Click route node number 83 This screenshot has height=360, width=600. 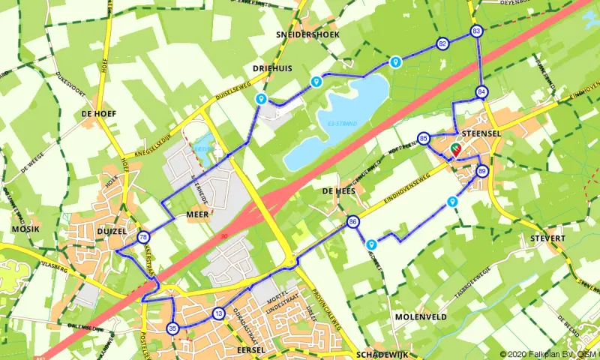coord(477,31)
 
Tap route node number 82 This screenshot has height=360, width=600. coord(443,43)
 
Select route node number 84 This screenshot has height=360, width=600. coord(481,92)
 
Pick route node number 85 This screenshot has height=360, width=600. coord(424,138)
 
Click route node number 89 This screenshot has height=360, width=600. coord(481,172)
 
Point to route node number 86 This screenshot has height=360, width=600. coord(352,222)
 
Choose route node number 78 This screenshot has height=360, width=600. coord(142,238)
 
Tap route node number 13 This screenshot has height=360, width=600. coord(218,313)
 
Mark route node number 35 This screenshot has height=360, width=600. coord(173,328)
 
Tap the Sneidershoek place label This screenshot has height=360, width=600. coord(307,35)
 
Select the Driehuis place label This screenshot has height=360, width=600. coord(271,67)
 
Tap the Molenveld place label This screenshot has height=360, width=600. coord(421,317)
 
